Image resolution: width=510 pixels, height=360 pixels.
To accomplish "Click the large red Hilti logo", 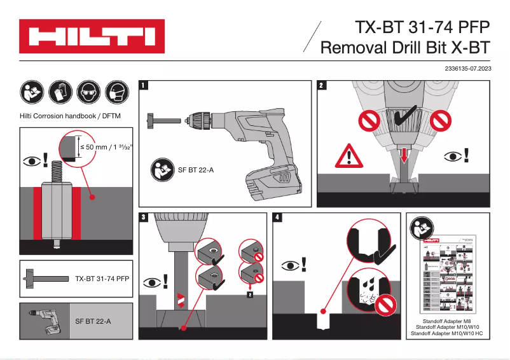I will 92,36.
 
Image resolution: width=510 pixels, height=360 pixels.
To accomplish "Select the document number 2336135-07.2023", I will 464,67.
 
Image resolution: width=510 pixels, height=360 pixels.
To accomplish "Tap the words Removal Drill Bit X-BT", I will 406,48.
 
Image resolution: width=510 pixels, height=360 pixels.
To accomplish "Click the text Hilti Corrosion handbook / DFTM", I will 71,116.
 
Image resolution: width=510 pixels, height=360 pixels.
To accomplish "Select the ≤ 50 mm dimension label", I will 102,146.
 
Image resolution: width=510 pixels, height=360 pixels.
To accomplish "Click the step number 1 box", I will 145,85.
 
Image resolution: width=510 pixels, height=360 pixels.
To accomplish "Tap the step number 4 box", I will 277,218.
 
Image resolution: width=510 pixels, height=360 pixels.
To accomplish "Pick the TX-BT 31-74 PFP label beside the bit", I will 102,279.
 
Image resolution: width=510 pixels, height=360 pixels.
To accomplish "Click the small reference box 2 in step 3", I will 250,294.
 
